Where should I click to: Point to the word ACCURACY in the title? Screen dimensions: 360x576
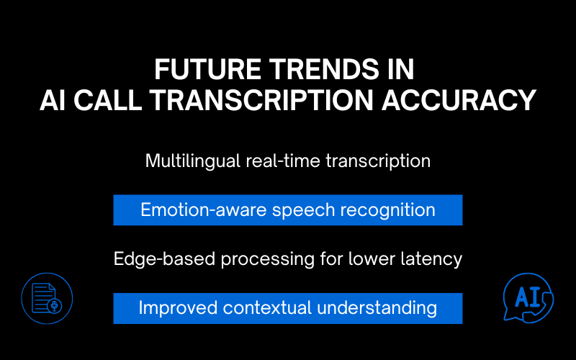click(464, 100)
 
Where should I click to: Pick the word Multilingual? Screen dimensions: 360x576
click(188, 161)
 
